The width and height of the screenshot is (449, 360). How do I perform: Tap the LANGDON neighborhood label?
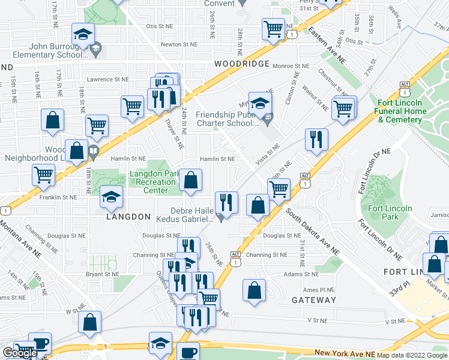[x=128, y=216]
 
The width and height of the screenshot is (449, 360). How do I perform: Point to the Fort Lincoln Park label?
[x=391, y=212]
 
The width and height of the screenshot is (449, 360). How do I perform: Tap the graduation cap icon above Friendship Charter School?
[x=261, y=103]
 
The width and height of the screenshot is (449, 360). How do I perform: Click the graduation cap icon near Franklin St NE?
[x=111, y=197]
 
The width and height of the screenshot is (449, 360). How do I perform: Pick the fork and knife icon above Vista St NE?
[x=316, y=140]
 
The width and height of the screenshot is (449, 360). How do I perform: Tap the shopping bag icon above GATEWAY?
[x=255, y=290]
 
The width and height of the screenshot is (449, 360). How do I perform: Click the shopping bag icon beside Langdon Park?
[x=191, y=180]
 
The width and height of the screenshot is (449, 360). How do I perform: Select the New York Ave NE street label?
[x=340, y=355]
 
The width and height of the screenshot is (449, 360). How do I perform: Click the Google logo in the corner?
[x=20, y=353]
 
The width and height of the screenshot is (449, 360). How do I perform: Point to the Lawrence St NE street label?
[x=108, y=79]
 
